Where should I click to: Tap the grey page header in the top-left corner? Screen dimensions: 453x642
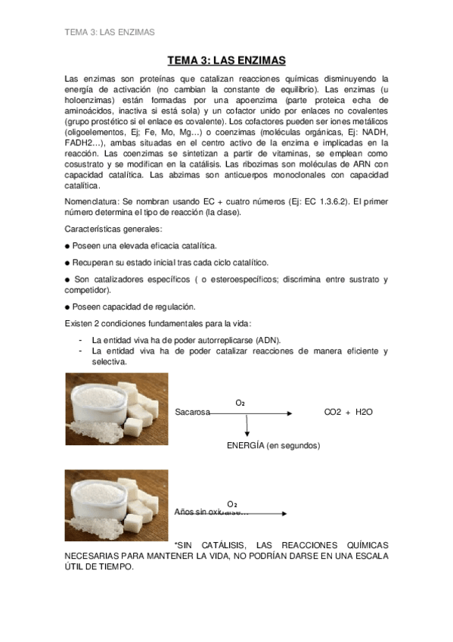pyautogui.click(x=110, y=33)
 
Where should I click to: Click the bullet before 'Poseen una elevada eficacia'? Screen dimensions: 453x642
pyautogui.click(x=67, y=246)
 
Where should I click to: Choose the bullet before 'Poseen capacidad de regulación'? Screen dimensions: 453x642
pyautogui.click(x=67, y=307)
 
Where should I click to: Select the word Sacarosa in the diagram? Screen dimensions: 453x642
pyautogui.click(x=192, y=413)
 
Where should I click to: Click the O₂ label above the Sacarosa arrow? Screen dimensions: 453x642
pyautogui.click(x=240, y=403)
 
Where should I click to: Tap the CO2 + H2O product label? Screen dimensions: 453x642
pyautogui.click(x=349, y=413)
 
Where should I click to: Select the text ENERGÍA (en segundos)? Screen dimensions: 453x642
pyautogui.click(x=273, y=445)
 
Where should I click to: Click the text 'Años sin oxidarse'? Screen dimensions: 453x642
pyautogui.click(x=206, y=513)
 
